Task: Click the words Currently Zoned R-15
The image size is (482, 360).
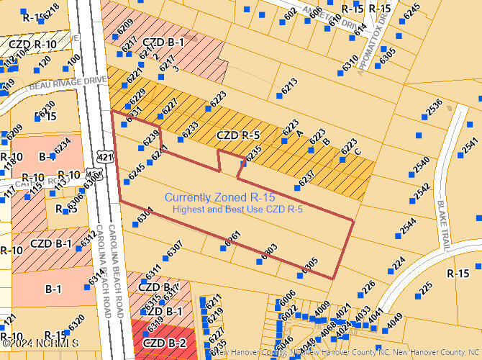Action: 220,197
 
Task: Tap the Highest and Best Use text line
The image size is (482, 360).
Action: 237,209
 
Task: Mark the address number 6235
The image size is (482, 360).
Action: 253,153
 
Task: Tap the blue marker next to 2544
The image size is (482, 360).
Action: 397,235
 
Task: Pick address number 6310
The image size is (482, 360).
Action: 350,63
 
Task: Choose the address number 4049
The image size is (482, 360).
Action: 394,321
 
